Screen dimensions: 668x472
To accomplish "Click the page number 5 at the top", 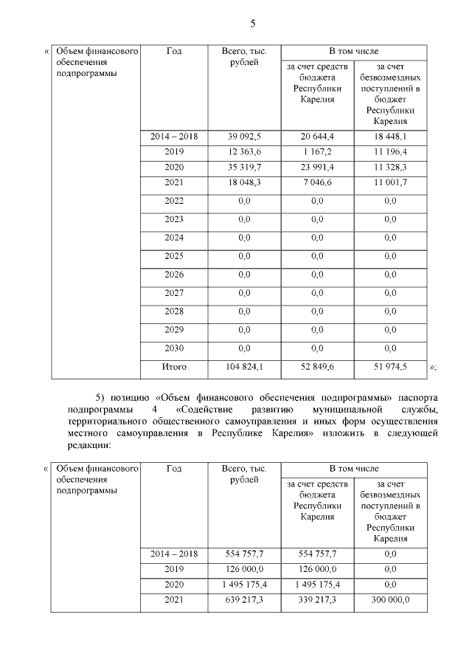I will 252,24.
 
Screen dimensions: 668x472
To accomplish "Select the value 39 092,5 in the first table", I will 244,137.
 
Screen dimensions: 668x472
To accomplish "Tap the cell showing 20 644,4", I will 317,137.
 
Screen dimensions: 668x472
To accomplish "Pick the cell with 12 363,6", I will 244,152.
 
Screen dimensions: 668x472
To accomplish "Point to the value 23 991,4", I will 317,168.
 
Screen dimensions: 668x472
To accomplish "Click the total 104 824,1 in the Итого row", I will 244,367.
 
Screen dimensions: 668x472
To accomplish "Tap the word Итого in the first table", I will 174,367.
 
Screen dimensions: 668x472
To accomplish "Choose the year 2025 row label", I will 174,256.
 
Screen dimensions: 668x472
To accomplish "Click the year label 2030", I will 174,348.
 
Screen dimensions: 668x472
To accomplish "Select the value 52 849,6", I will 317,367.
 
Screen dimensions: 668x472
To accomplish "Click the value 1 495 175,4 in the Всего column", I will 244,584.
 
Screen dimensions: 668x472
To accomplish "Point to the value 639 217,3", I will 244,599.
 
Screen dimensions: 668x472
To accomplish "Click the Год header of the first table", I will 174,52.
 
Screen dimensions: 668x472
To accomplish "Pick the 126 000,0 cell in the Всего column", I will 244,569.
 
